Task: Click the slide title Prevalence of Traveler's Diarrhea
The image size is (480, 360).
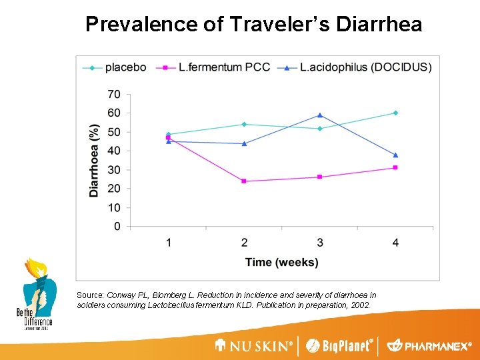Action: point(253,25)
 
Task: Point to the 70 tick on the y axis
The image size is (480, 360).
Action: point(114,94)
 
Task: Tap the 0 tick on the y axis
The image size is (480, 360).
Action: point(117,227)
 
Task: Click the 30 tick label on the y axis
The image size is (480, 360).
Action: point(114,170)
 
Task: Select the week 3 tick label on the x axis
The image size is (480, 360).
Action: point(320,242)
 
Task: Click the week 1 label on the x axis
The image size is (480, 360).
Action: point(169,242)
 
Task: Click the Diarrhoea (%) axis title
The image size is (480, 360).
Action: point(94,160)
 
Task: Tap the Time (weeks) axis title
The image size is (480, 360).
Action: point(281,262)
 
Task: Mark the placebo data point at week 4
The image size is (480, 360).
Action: point(395,113)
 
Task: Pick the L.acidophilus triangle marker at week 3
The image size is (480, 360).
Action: point(320,115)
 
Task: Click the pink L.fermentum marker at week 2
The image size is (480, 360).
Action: point(244,181)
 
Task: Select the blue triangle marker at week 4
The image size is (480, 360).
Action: point(395,155)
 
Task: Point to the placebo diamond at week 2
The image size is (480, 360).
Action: point(244,124)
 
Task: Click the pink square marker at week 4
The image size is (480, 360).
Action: point(395,167)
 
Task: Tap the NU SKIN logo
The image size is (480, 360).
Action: point(253,346)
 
